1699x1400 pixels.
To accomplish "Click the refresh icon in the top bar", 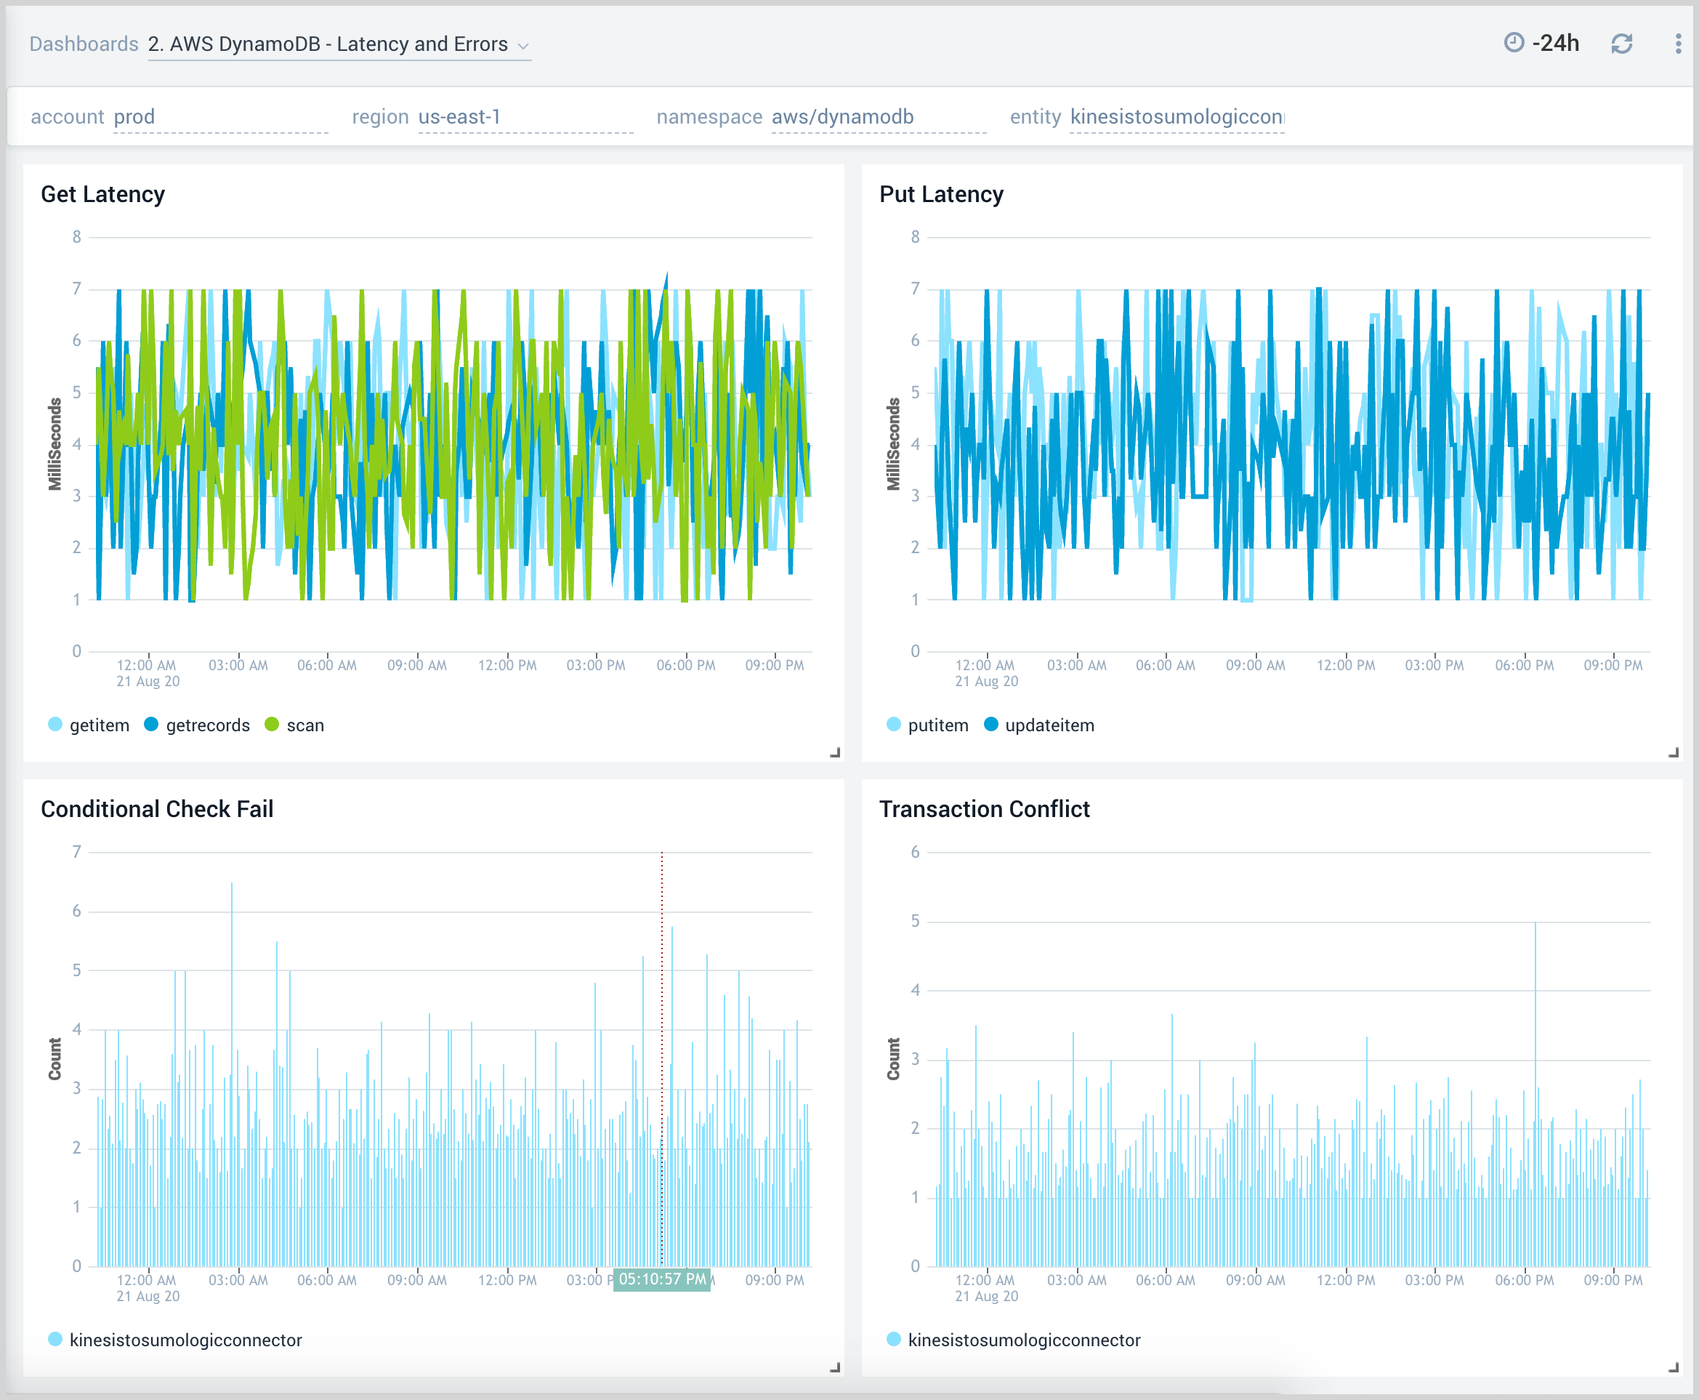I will tap(1621, 44).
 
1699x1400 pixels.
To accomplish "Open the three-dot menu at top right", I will tap(1677, 44).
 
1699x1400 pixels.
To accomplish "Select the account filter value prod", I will tap(134, 117).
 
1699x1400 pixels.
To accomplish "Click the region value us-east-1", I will tap(459, 117).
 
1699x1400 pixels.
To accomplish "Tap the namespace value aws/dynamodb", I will tap(842, 117).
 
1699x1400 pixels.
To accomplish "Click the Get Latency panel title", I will tap(102, 194).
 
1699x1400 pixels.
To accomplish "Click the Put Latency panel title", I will tap(940, 194).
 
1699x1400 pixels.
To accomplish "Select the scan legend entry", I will tap(304, 725).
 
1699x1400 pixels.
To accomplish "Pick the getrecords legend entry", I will tap(207, 725).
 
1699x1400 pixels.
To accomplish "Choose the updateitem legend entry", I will tap(1049, 725).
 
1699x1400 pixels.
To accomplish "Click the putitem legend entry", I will tap(937, 725).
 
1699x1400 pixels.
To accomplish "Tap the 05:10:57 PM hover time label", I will tap(661, 1280).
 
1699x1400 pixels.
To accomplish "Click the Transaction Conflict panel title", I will tap(984, 809).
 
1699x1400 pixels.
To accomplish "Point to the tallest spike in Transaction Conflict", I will tap(1535, 928).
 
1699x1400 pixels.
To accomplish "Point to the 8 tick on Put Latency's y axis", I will tap(914, 237).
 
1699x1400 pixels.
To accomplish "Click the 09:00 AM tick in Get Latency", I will tap(416, 665).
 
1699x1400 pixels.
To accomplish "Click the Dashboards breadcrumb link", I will tap(84, 44).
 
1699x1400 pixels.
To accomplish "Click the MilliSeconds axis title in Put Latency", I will tap(893, 443).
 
